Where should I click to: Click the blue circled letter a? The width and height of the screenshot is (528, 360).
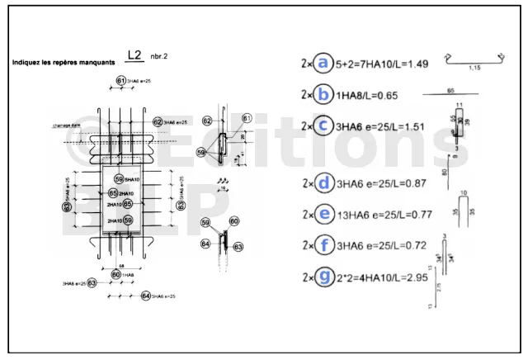323,63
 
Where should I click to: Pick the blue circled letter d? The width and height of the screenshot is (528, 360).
323,182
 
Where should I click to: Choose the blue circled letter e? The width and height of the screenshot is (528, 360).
323,214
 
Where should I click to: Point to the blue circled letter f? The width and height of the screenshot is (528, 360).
323,245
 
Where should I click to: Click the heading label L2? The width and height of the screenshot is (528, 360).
136,56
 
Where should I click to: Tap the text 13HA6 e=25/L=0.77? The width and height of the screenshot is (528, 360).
383,215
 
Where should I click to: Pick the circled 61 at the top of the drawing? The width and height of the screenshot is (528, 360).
120,81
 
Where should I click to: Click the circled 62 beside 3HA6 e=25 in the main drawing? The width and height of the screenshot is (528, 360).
158,121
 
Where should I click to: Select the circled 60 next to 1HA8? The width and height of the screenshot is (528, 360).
116,274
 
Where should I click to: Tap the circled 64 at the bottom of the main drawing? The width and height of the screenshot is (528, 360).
145,295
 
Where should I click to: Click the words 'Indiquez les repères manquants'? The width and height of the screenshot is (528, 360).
64,63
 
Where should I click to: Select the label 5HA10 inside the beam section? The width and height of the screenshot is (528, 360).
131,179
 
